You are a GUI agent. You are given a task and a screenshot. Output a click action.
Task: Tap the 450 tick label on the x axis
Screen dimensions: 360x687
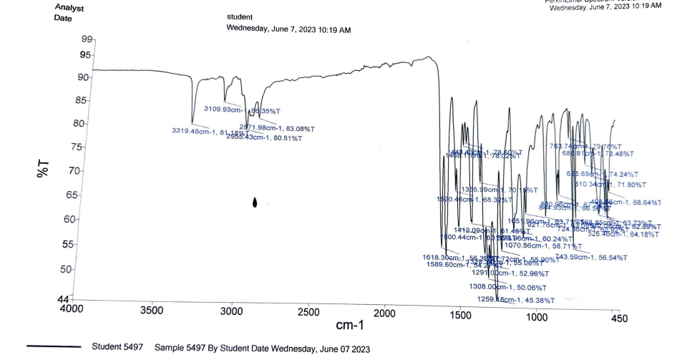pos(619,318)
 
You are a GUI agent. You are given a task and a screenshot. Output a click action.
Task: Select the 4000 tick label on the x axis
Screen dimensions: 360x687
pos(71,309)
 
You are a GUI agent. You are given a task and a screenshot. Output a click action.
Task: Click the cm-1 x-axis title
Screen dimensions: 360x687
pos(350,326)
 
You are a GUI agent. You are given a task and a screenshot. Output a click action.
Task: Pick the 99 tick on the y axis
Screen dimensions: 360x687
pos(87,39)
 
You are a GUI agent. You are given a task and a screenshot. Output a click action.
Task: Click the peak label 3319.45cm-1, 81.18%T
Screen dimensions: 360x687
pos(210,132)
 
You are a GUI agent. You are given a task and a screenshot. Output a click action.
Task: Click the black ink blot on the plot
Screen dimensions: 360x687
pos(255,203)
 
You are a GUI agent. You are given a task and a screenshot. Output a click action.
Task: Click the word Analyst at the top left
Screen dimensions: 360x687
pos(69,8)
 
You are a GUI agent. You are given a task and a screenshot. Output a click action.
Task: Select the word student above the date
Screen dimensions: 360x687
pos(240,16)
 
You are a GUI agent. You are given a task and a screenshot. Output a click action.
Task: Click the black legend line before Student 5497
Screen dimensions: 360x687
pos(54,347)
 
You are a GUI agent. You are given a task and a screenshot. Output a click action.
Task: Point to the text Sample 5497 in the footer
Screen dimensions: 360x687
pos(180,348)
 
